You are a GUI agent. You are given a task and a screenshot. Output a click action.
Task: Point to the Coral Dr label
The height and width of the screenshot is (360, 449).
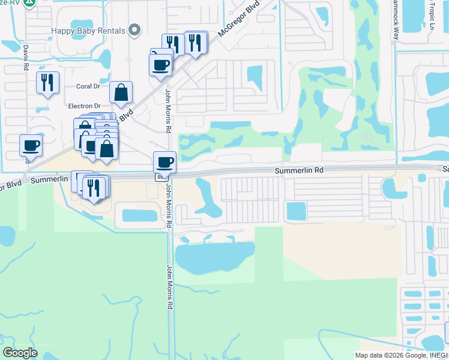click(x=88, y=86)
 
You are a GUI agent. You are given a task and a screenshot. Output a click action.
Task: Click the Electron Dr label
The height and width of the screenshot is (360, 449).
click(x=84, y=106)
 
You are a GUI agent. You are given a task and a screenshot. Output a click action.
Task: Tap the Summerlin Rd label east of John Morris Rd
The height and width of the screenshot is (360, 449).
click(x=299, y=170)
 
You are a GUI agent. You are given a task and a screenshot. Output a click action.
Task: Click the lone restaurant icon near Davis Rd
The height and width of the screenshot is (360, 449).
click(x=47, y=82)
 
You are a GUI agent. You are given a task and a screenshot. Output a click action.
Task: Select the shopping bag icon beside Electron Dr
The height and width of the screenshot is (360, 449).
click(x=121, y=92)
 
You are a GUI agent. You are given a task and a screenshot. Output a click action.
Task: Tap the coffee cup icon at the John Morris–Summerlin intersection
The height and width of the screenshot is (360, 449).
click(x=164, y=162)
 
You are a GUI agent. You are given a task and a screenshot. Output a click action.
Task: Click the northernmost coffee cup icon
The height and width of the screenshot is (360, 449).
click(x=161, y=65)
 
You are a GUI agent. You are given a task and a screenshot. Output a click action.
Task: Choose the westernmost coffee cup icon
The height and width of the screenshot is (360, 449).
click(x=31, y=145)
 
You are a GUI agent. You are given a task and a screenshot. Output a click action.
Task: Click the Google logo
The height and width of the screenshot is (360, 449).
click(x=20, y=353)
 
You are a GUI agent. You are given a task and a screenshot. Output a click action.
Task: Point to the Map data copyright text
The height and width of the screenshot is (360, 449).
click(x=401, y=355)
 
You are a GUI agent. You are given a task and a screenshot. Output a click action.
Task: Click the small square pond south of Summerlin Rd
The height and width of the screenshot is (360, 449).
click(x=296, y=211)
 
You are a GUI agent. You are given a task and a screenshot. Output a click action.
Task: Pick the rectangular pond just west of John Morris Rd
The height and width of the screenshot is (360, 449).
click(x=139, y=215)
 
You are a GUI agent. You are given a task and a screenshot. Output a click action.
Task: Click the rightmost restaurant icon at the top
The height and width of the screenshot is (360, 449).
click(x=196, y=43)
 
